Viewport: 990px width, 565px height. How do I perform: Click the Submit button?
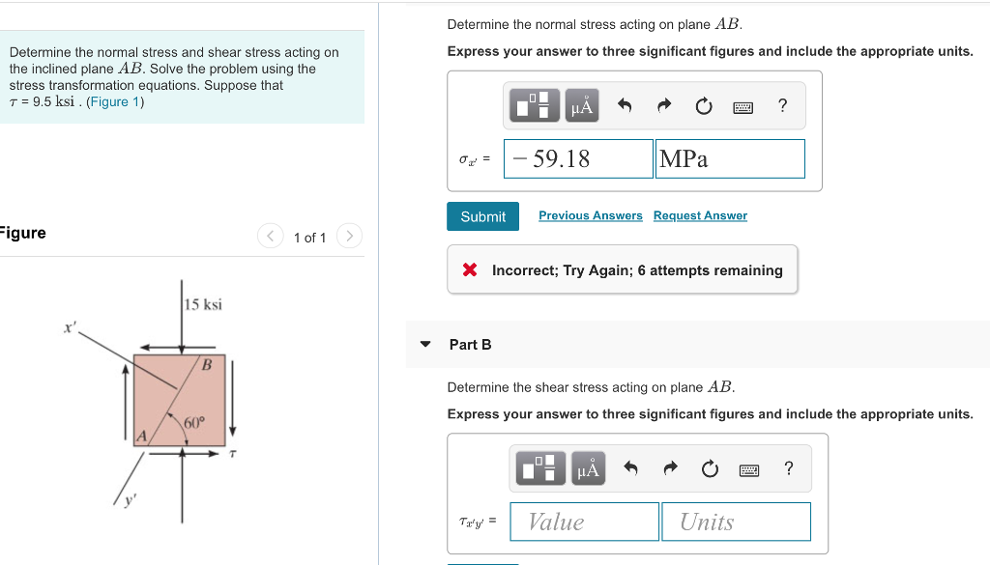tap(482, 216)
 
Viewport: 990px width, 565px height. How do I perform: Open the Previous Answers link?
tap(590, 215)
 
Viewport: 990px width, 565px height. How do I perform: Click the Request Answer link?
tap(700, 215)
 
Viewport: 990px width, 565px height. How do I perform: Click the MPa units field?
tap(730, 159)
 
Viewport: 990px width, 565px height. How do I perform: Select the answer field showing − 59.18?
tap(578, 159)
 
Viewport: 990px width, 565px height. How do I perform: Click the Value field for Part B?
tap(584, 522)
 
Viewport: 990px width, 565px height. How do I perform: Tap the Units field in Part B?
tap(736, 522)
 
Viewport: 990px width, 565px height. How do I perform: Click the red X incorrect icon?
tap(470, 270)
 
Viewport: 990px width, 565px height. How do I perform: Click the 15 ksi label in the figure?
tap(204, 305)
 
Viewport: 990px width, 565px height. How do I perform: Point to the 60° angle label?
tap(194, 422)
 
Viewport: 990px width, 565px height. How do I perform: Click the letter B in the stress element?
tap(207, 365)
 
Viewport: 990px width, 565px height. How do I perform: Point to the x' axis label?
tap(70, 327)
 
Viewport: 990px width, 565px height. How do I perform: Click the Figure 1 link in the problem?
tap(114, 101)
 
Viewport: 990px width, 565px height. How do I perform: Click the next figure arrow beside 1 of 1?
tap(350, 237)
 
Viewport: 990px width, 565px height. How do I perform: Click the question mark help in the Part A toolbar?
tap(783, 105)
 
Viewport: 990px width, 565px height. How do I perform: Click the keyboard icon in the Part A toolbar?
tap(742, 106)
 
